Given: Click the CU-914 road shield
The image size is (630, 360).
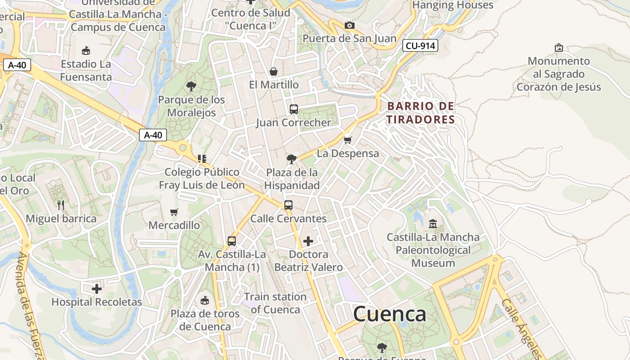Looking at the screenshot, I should coord(420,45).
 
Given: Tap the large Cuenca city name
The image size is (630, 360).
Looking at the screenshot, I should coord(390,314).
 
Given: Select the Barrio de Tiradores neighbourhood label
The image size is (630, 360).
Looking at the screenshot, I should coord(421,112).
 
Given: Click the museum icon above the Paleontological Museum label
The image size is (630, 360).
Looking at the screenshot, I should coord(433,223).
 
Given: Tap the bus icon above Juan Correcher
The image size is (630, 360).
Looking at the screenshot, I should coord(293,109).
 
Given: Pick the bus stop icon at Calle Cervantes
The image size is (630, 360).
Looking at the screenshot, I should coord(288,205).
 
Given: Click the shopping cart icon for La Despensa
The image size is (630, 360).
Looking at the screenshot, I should coord(347,140).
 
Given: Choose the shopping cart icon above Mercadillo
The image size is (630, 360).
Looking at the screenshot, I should coord(174,212).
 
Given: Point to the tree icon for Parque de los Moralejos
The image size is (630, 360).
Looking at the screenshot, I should coord(191,86).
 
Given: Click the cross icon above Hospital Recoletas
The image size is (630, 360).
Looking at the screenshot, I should coord(97,288).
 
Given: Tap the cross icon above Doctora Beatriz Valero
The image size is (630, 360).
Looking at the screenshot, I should coord(308,241).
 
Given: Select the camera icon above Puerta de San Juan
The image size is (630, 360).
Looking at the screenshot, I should coord(349,25).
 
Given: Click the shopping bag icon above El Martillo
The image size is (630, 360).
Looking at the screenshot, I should coord(273,72).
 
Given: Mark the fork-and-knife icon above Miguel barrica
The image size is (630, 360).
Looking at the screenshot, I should coord(61,205).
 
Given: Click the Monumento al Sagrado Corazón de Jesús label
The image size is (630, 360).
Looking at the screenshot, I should coord(559,74).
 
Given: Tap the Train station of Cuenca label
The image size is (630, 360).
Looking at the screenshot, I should coord(275,303).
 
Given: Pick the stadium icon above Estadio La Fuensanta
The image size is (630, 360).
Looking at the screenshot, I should coord(85,50).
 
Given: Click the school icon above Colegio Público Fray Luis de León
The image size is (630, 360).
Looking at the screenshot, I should coord(202,158).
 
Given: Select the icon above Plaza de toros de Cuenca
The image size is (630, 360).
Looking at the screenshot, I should coord(205,300).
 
